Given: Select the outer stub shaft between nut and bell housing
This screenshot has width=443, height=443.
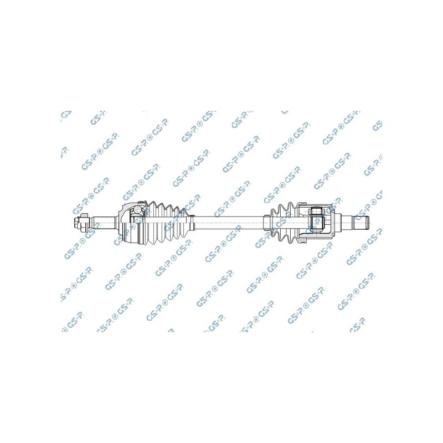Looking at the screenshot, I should (x=104, y=224).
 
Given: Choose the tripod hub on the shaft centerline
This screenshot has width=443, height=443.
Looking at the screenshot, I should (x=316, y=224).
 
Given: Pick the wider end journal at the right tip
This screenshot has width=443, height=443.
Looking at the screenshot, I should (x=360, y=224).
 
